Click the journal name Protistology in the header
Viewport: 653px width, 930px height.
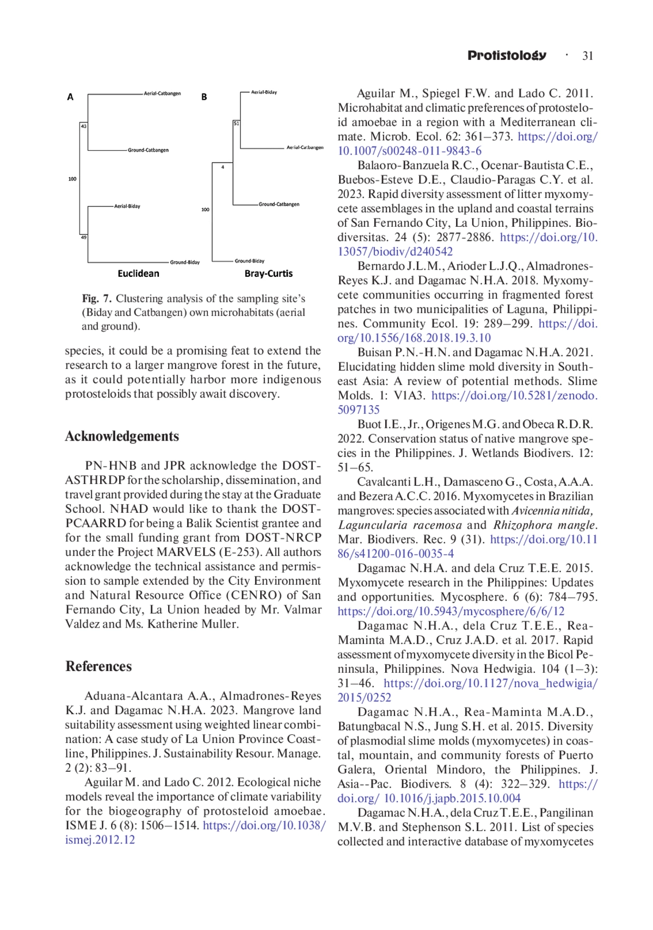pyautogui.click(x=507, y=55)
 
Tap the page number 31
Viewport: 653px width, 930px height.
pyautogui.click(x=588, y=56)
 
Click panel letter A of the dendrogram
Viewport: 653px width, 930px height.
pyautogui.click(x=70, y=97)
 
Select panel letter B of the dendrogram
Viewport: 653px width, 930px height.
pyautogui.click(x=204, y=97)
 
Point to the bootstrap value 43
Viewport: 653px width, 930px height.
pyautogui.click(x=84, y=126)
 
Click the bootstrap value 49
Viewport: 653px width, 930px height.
pyautogui.click(x=84, y=237)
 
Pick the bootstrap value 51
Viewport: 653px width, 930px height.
pyautogui.click(x=236, y=123)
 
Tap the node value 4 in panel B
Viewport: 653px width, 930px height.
pyautogui.click(x=223, y=167)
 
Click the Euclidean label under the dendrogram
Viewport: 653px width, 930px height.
pyautogui.click(x=138, y=274)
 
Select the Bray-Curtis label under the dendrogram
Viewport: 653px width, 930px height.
pyautogui.click(x=268, y=274)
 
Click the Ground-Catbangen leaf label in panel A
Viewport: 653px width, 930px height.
pyautogui.click(x=148, y=150)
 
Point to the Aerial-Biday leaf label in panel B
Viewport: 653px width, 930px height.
pyautogui.click(x=264, y=92)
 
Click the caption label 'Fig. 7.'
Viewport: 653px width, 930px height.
pyautogui.click(x=96, y=299)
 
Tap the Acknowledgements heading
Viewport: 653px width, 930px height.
pyautogui.click(x=122, y=436)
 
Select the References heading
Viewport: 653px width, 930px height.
pyautogui.click(x=98, y=666)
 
